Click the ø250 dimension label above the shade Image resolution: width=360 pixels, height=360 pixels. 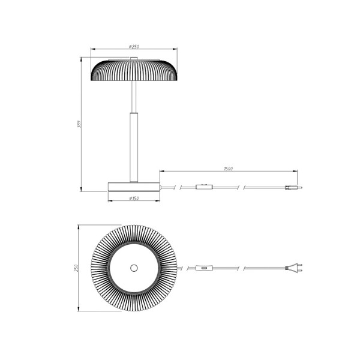click(134, 46)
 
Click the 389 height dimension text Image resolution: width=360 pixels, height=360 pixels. click(79, 124)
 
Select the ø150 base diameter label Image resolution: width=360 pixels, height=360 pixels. click(134, 198)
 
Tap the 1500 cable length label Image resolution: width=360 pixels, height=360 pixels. click(228, 169)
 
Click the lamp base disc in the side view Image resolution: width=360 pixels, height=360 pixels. click(134, 186)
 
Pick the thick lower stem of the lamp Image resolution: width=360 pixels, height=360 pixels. click(134, 147)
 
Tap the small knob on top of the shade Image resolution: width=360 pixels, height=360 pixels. click(134, 59)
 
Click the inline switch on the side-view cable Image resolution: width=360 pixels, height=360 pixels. click(205, 188)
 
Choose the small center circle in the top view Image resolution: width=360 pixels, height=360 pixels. click(134, 268)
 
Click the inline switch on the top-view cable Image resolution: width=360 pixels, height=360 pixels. click(205, 268)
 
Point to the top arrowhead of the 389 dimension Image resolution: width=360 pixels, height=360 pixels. click(82, 59)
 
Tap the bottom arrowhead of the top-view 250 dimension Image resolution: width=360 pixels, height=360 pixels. click(80, 310)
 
